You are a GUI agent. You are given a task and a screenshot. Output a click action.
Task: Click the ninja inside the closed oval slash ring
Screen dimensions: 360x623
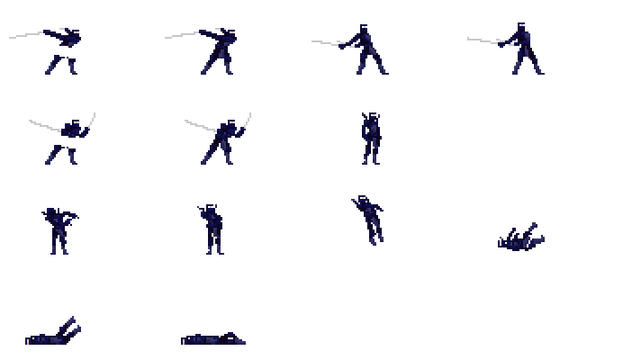(x=63, y=50)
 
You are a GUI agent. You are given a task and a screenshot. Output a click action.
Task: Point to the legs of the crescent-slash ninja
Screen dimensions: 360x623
(x=62, y=156)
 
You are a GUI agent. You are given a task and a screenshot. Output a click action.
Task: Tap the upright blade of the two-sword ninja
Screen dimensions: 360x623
(x=248, y=120)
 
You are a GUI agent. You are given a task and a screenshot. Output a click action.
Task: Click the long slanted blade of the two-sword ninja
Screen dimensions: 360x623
(x=200, y=125)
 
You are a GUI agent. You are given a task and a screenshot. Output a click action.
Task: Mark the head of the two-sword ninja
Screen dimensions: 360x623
(x=232, y=123)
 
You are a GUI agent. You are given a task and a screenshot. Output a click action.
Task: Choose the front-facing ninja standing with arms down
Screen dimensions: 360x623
(x=370, y=139)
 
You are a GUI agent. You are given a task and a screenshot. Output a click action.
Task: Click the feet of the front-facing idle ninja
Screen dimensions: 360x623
(x=370, y=161)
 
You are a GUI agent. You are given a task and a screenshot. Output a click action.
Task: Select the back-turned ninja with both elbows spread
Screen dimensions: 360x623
(x=59, y=229)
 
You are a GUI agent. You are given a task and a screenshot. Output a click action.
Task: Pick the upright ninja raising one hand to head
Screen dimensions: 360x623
(x=213, y=229)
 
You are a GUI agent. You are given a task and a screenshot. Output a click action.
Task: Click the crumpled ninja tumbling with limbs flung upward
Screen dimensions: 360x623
(x=521, y=238)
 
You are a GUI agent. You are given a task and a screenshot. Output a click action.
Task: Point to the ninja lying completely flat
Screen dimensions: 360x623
(x=213, y=339)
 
